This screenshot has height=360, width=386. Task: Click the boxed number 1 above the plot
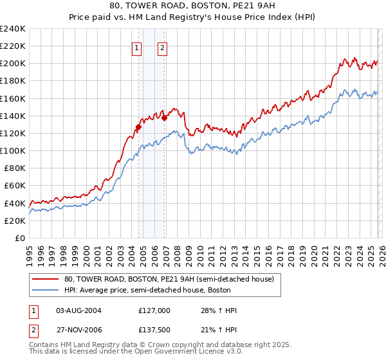(138, 47)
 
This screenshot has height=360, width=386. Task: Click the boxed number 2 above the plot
(161, 47)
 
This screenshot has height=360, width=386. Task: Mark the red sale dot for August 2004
(138, 127)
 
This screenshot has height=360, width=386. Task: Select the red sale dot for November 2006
(165, 118)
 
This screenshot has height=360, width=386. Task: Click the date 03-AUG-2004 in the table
(78, 310)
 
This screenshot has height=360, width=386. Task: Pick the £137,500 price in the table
(154, 328)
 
